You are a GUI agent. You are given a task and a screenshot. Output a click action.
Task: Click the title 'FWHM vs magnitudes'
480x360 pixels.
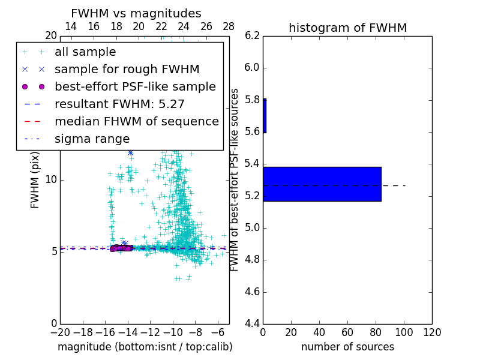136,13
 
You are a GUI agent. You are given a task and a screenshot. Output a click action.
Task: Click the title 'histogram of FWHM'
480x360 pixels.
347,28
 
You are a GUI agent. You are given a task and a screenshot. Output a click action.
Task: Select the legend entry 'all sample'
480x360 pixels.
85,52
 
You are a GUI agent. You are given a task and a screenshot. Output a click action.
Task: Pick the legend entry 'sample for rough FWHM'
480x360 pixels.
127,70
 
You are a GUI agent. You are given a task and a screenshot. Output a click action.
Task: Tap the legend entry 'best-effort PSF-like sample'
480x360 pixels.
135,86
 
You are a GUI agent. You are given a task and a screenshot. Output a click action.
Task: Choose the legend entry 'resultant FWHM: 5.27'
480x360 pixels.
119,104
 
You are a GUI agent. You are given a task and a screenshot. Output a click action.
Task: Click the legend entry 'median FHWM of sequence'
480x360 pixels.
136,121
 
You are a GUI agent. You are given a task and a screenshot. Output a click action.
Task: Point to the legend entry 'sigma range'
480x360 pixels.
92,139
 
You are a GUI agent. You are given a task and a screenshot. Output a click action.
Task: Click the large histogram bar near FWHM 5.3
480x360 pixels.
322,184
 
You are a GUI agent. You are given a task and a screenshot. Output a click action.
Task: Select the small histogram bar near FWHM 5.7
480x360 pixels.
265,116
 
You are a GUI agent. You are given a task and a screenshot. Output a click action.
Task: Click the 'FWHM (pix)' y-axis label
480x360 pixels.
35,181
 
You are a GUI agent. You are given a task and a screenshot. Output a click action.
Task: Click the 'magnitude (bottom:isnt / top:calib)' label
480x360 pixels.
145,347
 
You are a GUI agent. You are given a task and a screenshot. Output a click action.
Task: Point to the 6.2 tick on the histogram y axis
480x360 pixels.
251,35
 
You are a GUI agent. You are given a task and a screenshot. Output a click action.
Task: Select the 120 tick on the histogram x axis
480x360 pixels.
432,332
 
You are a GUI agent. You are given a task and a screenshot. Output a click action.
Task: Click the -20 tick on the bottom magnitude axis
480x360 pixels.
60,332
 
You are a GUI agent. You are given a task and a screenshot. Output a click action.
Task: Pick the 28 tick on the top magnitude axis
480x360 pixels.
229,26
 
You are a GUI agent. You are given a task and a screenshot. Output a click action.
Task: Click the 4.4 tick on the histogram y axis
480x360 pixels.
251,323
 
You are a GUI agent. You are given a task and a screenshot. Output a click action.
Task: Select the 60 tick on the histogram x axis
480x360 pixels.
347,332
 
